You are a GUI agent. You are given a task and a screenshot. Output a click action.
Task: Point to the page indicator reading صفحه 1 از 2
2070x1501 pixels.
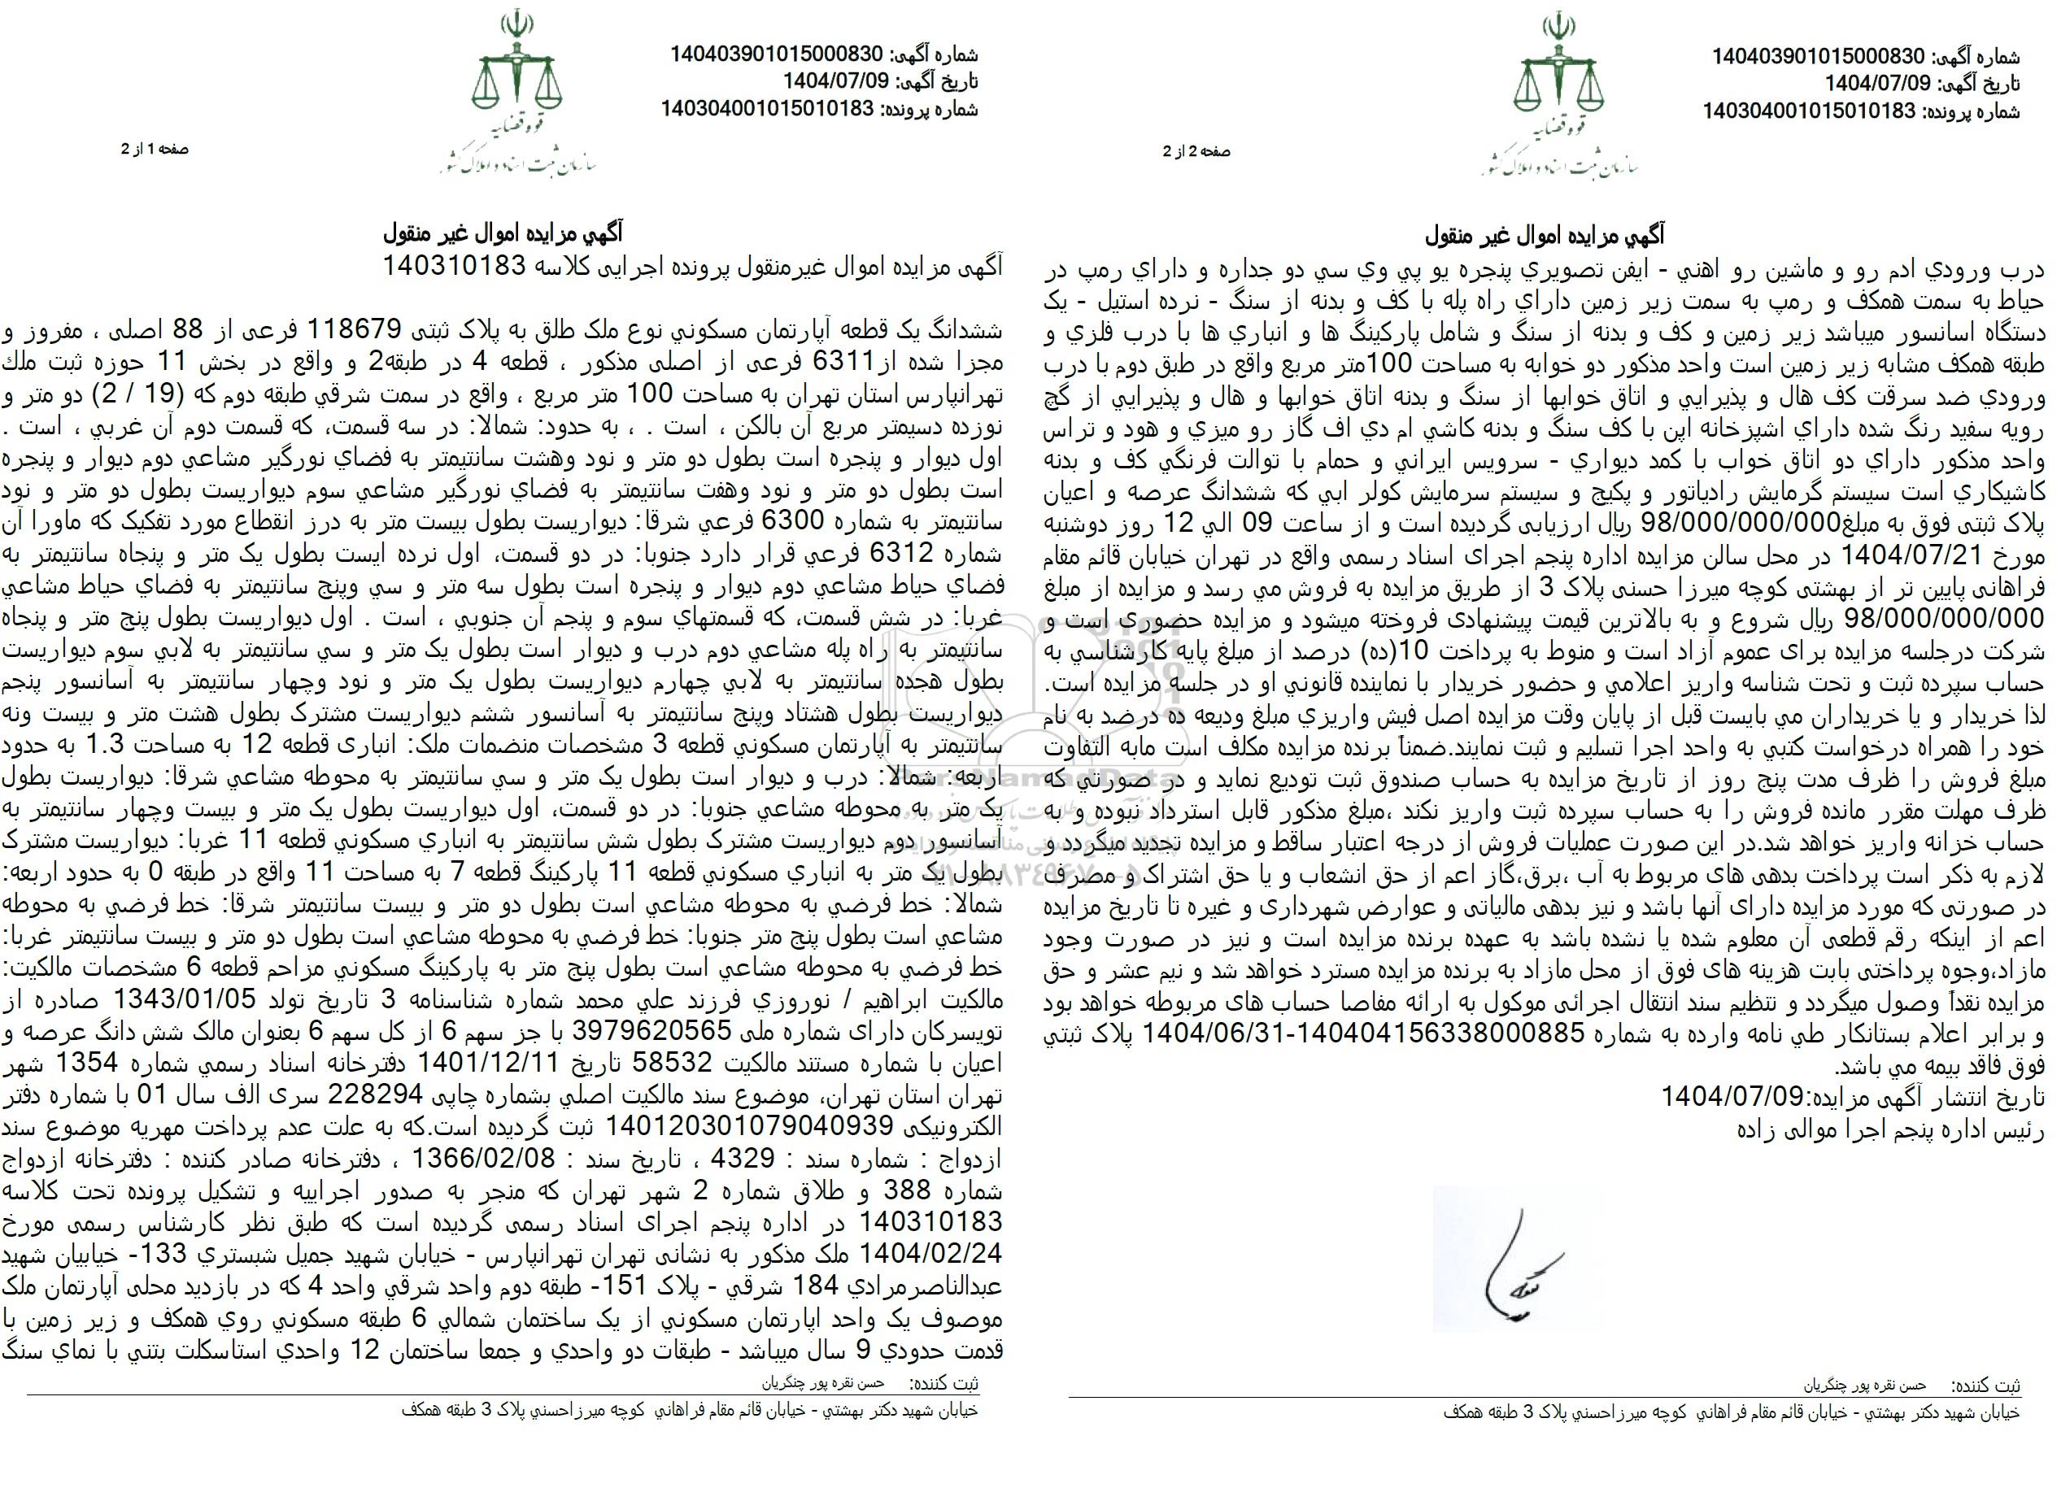pyautogui.click(x=155, y=150)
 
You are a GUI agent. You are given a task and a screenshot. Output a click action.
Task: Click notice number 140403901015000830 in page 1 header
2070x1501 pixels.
pyautogui.click(x=777, y=55)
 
